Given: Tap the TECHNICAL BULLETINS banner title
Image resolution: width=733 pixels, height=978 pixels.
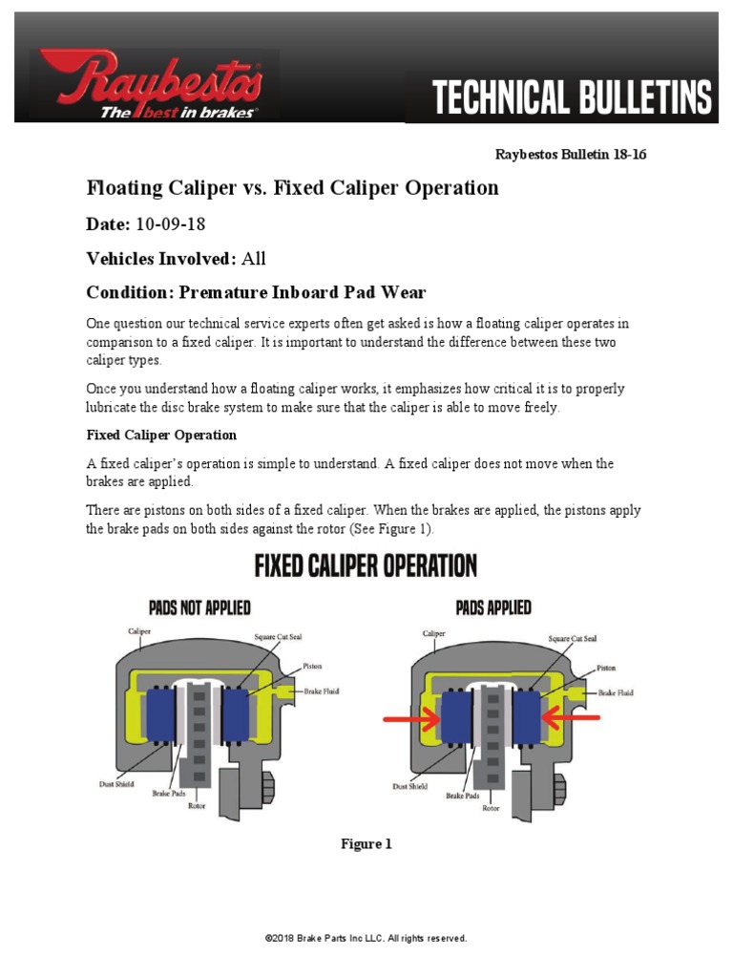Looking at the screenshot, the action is pos(572,97).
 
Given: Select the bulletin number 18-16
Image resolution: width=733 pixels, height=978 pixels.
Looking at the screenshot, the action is pos(626,154).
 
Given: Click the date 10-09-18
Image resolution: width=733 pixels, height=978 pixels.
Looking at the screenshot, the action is pos(170,223).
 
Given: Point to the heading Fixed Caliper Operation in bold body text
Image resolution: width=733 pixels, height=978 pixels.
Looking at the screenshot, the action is pos(161,435).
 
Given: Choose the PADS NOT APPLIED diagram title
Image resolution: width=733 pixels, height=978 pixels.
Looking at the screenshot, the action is pos(199,607).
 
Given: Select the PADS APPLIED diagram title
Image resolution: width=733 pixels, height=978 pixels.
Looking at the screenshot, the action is pos(494,607).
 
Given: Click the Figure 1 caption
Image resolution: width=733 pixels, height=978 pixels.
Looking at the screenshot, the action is pos(366,844).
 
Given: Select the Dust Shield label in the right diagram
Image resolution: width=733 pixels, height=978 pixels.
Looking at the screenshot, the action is pos(410,786).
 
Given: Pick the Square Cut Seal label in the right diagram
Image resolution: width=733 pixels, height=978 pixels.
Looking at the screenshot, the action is pos(573,638).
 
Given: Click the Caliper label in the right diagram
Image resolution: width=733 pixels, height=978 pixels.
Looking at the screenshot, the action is pos(434,632).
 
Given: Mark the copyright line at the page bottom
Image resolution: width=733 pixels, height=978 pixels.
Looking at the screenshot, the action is pos(366,939).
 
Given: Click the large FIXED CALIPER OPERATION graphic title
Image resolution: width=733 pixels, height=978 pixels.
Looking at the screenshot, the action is pos(366,566).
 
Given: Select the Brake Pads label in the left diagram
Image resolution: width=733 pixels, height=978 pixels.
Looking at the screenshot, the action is pos(170,793).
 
